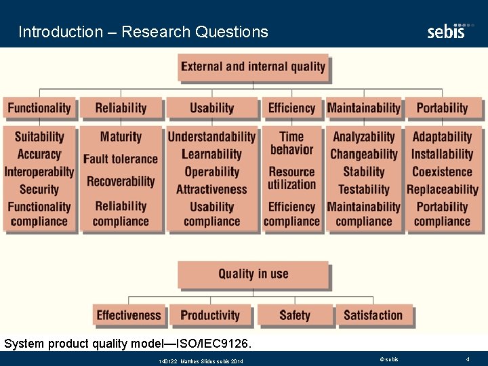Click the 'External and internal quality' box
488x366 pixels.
click(253, 66)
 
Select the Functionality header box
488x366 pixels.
click(39, 108)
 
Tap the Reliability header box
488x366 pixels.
click(121, 108)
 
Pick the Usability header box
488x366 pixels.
click(211, 108)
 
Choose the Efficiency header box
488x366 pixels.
click(291, 108)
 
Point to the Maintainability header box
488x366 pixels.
click(363, 108)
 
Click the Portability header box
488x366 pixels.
click(442, 108)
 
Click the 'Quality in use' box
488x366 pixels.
click(253, 274)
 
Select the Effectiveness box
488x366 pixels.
click(129, 315)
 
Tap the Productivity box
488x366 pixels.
click(210, 315)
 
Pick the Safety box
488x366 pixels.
click(294, 315)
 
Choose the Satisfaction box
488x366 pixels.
click(373, 315)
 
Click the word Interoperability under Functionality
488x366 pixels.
click(39, 172)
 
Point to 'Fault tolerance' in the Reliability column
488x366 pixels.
click(121, 159)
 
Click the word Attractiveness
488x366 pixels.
click(211, 190)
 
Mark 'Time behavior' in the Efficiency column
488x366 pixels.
click(291, 143)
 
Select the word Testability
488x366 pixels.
click(363, 190)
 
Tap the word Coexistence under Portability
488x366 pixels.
click(442, 172)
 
